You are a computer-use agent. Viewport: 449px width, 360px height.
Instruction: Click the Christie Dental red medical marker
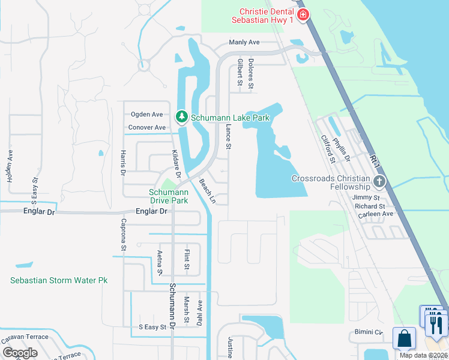[304, 14]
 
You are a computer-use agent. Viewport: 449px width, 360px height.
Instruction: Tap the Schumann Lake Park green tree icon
[182, 116]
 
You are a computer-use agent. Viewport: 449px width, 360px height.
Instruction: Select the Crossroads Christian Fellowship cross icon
[379, 181]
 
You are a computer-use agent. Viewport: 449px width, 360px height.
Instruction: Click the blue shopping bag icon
[404, 338]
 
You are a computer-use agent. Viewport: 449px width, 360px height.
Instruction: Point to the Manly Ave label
[244, 43]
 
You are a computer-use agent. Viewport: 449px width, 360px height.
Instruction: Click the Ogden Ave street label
[147, 114]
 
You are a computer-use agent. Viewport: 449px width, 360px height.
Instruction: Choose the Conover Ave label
[147, 127]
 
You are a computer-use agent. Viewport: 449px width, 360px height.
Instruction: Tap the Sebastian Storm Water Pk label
[59, 280]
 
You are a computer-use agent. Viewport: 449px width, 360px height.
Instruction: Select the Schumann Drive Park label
[169, 196]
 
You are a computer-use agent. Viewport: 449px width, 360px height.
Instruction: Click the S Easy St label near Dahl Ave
[152, 327]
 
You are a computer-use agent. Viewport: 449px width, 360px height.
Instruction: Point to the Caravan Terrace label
[25, 337]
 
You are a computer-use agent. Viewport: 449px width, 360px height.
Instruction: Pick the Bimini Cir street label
[367, 332]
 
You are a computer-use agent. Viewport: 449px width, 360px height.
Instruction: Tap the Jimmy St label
[366, 197]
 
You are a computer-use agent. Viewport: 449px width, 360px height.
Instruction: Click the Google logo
[20, 353]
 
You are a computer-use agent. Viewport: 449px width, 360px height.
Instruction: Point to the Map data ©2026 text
[423, 355]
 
